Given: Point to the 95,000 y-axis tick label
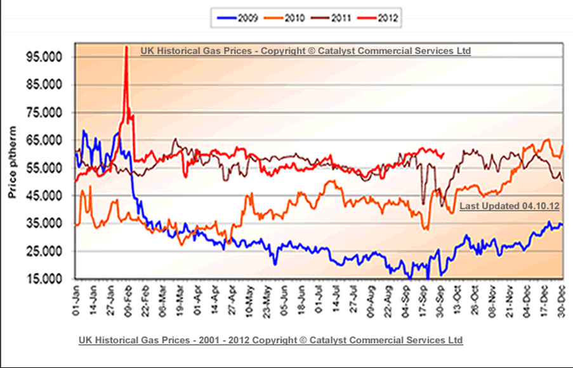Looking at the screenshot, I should coord(45,56).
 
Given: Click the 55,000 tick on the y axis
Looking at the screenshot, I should coord(45,168).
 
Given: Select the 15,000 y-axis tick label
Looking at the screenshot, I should coord(45,279).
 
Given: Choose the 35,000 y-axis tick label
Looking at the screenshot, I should coord(45,223).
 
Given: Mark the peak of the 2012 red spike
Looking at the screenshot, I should coord(126,48).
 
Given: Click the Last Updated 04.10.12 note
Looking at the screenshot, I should coord(509,206).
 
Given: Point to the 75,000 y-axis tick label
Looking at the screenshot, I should coord(45,112).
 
